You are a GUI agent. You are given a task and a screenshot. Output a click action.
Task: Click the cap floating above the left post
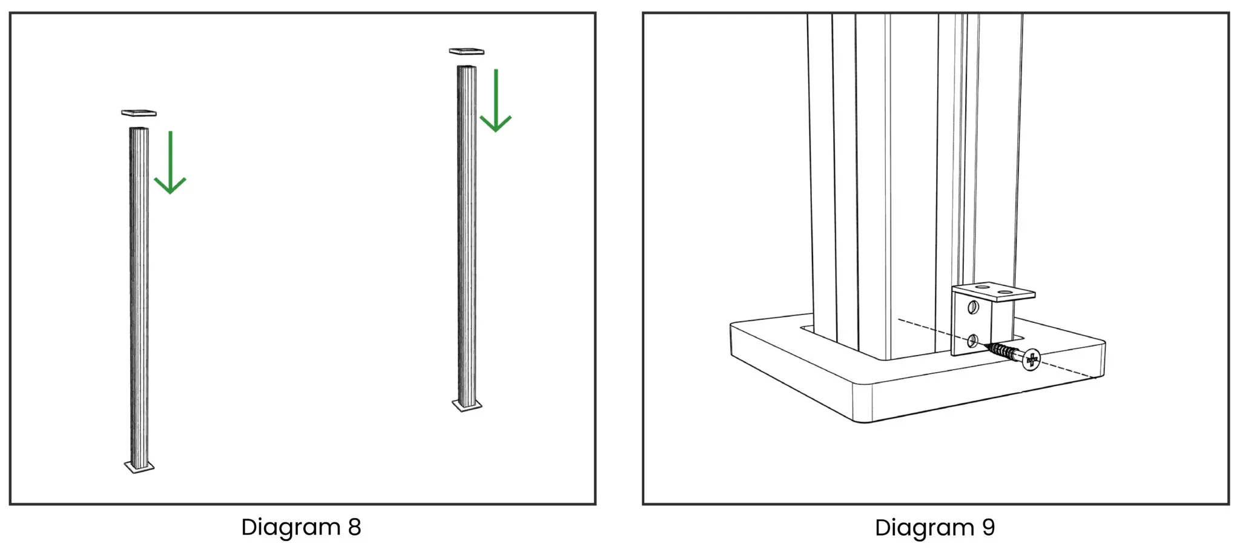tap(139, 113)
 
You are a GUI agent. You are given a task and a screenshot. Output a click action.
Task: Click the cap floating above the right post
tap(466, 51)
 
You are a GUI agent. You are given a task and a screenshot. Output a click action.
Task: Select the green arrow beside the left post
tap(170, 162)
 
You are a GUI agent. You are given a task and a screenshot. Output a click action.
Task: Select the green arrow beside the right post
tap(496, 101)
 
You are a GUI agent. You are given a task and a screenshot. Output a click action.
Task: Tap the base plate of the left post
tap(139, 467)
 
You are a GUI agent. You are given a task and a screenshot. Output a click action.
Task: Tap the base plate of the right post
tap(467, 405)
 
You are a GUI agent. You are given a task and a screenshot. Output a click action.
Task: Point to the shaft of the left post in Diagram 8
tap(139, 297)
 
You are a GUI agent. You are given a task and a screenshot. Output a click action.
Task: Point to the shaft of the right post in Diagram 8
tap(467, 236)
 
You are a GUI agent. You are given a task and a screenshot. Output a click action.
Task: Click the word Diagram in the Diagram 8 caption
tap(291, 528)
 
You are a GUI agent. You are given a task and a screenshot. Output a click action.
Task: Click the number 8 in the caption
tap(355, 527)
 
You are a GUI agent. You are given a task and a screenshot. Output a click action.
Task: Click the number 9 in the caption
tap(988, 527)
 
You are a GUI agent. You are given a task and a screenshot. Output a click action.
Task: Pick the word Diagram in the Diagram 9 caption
tap(925, 528)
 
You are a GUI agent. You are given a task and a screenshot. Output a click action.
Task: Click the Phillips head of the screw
tap(1031, 360)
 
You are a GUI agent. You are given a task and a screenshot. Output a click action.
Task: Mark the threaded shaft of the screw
tap(1003, 351)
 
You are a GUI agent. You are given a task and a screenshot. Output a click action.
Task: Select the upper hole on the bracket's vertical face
tap(973, 307)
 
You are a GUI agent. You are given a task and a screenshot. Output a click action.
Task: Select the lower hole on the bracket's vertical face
tap(972, 341)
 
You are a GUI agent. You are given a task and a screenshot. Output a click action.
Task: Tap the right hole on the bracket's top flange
tap(1005, 292)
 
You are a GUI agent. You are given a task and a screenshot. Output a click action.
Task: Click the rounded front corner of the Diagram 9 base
tap(862, 402)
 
